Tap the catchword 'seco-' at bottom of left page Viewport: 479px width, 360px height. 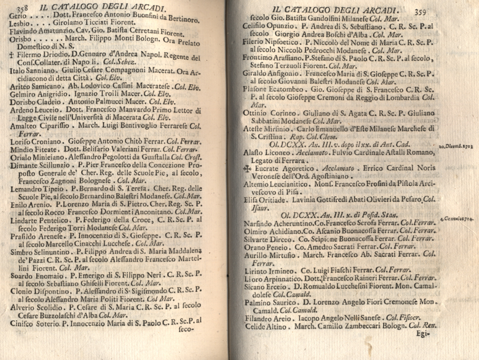click(184, 329)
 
